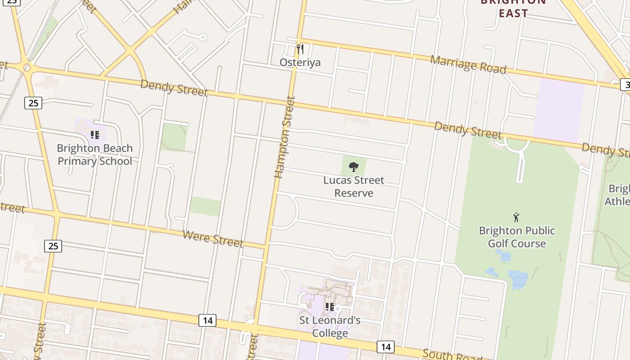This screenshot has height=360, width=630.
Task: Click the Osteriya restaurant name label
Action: point(300,62)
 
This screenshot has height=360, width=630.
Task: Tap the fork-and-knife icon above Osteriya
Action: point(300,49)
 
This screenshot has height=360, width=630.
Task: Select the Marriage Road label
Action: point(468,65)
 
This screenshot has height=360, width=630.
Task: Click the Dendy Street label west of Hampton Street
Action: point(174,87)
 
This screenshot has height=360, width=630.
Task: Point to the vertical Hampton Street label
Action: point(284,137)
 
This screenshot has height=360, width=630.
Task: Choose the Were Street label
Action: point(213,238)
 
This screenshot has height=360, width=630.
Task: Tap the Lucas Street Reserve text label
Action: point(354,187)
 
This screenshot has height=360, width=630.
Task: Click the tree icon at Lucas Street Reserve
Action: point(354,167)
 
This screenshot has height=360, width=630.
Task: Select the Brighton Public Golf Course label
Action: point(517,237)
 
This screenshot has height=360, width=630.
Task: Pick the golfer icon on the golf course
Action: point(516,217)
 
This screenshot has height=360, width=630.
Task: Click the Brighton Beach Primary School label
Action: point(95,155)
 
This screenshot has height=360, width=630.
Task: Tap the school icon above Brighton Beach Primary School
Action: point(94,135)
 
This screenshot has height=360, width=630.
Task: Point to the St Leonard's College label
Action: point(330,327)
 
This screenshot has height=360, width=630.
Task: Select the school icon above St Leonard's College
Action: point(329,307)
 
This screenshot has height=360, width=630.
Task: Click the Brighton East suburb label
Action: point(513,8)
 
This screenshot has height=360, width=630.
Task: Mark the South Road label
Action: point(452,355)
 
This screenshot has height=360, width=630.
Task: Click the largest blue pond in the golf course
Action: point(517,279)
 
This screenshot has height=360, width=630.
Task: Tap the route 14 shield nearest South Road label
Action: point(385,346)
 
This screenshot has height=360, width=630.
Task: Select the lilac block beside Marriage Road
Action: point(558,111)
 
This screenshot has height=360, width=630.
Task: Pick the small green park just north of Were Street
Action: point(205,207)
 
